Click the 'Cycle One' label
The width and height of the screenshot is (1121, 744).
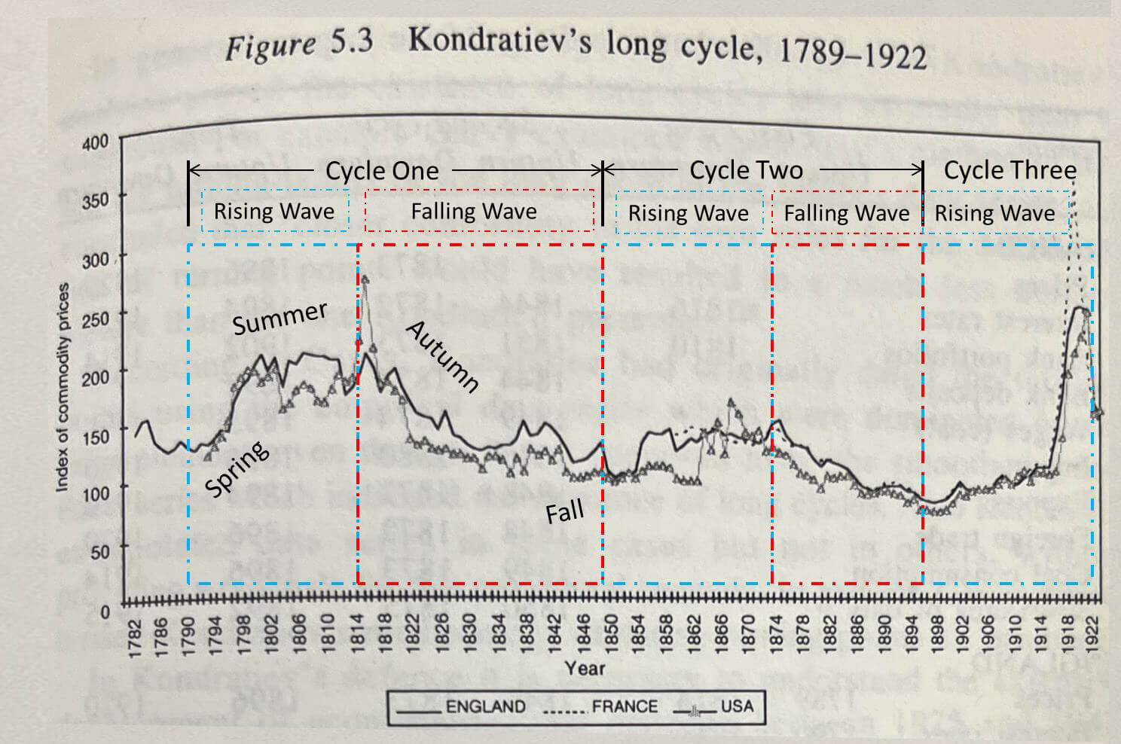[x=381, y=171]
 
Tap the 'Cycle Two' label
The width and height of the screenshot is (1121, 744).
[x=746, y=170]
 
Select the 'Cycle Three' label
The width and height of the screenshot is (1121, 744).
[x=1010, y=170]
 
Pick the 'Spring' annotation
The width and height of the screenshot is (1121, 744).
[x=237, y=468]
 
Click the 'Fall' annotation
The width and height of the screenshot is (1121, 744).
[x=564, y=513]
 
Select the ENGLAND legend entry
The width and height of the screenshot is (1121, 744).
[x=485, y=707]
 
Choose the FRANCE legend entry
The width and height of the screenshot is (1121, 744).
[x=624, y=707]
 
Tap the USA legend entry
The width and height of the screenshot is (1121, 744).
[x=736, y=706]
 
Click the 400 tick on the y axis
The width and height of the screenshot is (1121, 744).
[x=95, y=142]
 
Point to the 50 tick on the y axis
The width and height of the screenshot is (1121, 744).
[x=99, y=552]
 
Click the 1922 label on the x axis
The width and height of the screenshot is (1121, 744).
[x=1094, y=632]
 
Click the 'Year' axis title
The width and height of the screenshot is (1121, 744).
[x=585, y=668]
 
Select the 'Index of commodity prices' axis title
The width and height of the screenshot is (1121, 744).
[x=63, y=387]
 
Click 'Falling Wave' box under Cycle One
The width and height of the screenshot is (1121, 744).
[x=474, y=212]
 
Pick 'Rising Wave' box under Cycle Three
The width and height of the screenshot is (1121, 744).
[x=994, y=213]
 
